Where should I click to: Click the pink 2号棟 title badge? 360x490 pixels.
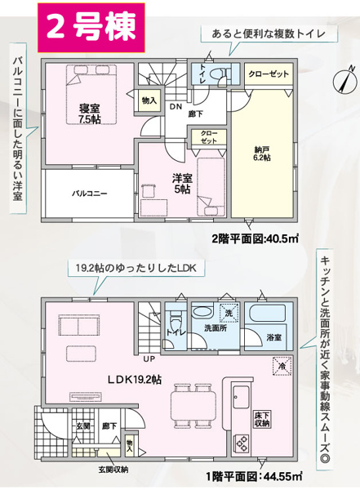pyautogui.click(x=91, y=28)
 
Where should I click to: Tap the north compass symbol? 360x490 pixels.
pyautogui.click(x=345, y=80)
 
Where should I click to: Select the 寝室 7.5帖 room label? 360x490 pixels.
pyautogui.click(x=89, y=114)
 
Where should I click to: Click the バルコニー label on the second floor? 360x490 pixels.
pyautogui.click(x=90, y=194)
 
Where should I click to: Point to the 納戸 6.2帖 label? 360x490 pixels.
pyautogui.click(x=262, y=154)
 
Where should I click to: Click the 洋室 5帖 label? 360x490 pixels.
pyautogui.click(x=182, y=184)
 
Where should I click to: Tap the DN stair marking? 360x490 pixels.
pyautogui.click(x=176, y=107)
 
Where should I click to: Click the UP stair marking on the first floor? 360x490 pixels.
pyautogui.click(x=149, y=359)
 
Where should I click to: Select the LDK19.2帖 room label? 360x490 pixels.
pyautogui.click(x=135, y=380)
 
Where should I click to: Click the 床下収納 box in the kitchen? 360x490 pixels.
pyautogui.click(x=262, y=420)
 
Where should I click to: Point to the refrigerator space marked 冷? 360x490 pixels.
pyautogui.click(x=282, y=366)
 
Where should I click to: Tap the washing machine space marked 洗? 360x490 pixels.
pyautogui.click(x=229, y=313)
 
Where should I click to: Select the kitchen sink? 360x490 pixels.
pyautogui.click(x=242, y=397)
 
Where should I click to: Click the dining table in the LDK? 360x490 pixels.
pyautogui.click(x=193, y=406)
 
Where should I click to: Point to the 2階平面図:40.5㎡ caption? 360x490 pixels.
pyautogui.click(x=256, y=239)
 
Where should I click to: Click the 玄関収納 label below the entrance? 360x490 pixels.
pyautogui.click(x=113, y=470)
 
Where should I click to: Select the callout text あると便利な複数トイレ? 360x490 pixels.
pyautogui.click(x=269, y=33)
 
